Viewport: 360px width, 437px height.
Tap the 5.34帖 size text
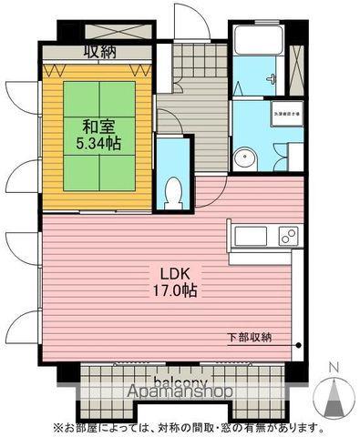[98, 143]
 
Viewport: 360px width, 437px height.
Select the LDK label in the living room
[177, 274]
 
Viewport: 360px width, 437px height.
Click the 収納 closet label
[102, 52]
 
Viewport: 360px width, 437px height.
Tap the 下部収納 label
[249, 339]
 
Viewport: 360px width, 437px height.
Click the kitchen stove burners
[288, 237]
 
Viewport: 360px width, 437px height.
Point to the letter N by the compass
[334, 367]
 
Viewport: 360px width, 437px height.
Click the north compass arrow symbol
[334, 396]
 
